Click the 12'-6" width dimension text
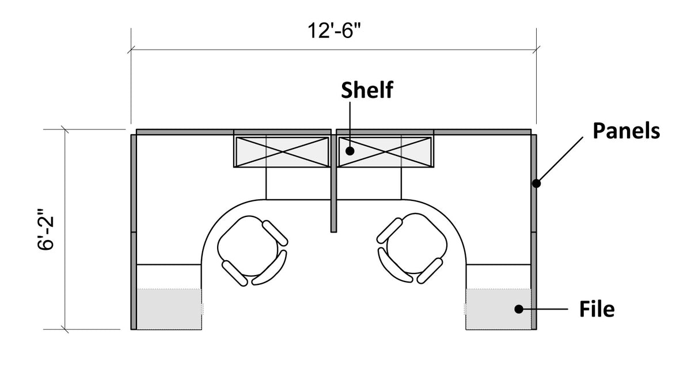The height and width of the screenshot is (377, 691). pos(334,31)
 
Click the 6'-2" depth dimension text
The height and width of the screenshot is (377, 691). pos(45,229)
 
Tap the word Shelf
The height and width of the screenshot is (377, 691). pos(367,90)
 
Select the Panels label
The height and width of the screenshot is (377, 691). pos(627,131)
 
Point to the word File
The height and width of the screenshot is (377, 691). pos(597,309)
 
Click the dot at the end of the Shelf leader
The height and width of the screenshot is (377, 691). pos(350,151)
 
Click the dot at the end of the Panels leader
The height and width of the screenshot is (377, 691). pos(537,184)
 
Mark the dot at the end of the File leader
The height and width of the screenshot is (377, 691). pos(519,309)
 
